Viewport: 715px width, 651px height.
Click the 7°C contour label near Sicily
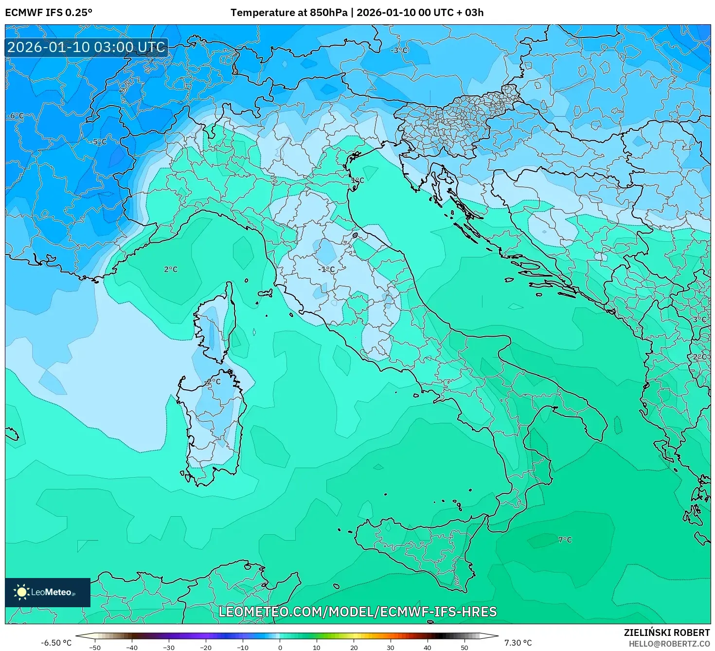[x=565, y=540]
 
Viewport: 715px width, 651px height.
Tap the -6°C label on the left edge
[x=15, y=116]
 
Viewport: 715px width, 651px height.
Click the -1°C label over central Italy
[x=326, y=269]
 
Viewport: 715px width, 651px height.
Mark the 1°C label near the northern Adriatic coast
[x=357, y=180]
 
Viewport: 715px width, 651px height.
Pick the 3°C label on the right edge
[x=699, y=319]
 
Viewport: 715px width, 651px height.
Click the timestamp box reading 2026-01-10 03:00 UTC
[x=87, y=47]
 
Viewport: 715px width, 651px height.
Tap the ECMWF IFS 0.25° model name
[x=49, y=13]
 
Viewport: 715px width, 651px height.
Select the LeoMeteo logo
[x=48, y=592]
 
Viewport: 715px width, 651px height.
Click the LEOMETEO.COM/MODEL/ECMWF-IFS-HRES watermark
[x=357, y=612]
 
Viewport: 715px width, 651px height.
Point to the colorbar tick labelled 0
[x=280, y=647]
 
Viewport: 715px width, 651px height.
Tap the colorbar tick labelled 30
[x=391, y=647]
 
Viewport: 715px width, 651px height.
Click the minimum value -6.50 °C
[x=56, y=643]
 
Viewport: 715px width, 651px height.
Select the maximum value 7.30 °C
[x=518, y=643]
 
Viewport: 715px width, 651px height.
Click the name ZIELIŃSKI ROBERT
[x=666, y=633]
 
